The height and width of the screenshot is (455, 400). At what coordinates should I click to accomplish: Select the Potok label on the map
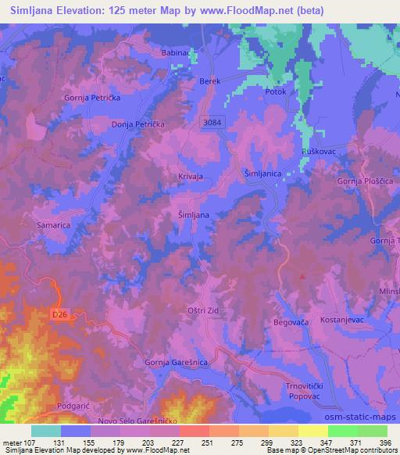tap(277, 91)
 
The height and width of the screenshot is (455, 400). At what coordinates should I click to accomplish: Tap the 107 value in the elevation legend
tap(28, 442)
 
